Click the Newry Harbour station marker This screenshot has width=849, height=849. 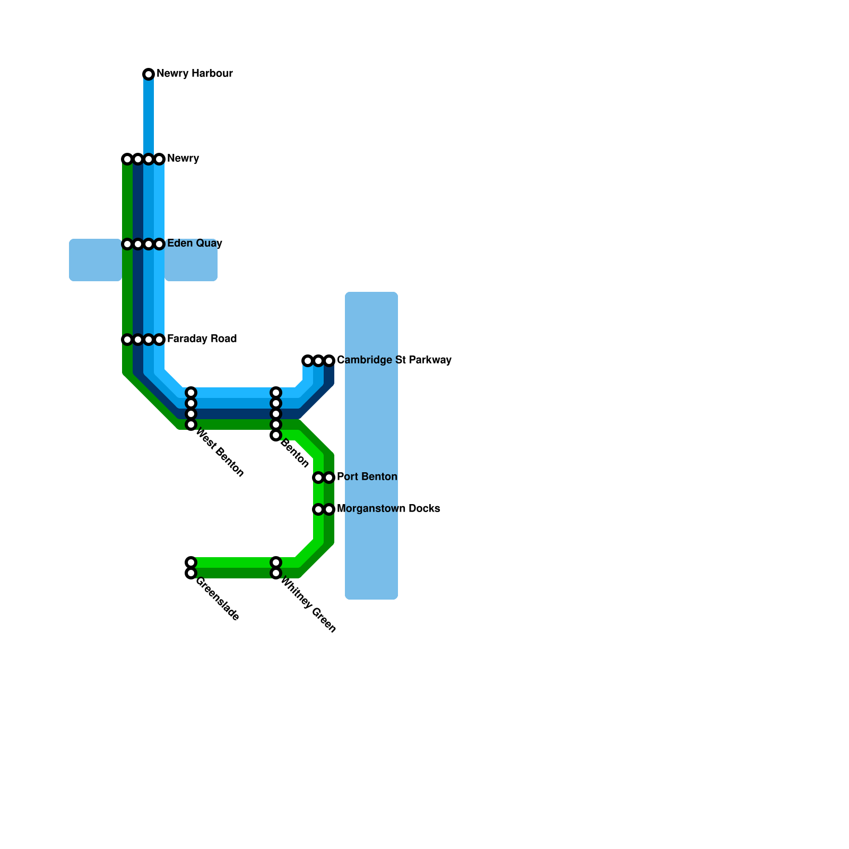point(149,74)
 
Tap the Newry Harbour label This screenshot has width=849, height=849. point(194,74)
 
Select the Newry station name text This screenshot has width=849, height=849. point(183,159)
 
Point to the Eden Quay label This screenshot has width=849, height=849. point(194,244)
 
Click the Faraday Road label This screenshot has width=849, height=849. point(202,339)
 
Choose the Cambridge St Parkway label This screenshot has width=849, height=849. point(394,360)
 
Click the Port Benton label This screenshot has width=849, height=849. point(367,477)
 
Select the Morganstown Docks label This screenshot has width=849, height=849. point(388,509)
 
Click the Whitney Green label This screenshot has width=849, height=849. point(308,605)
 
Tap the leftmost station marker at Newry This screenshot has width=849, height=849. point(127,159)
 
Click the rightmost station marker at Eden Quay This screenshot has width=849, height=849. point(159,244)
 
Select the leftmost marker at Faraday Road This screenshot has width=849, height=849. point(127,340)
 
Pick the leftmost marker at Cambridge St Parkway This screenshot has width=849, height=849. point(308,361)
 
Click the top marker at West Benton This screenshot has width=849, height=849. point(191,393)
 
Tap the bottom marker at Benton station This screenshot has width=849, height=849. point(276,435)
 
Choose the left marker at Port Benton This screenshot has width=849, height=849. point(318,478)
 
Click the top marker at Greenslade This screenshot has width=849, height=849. point(191,562)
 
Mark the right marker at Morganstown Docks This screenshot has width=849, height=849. point(329,509)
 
